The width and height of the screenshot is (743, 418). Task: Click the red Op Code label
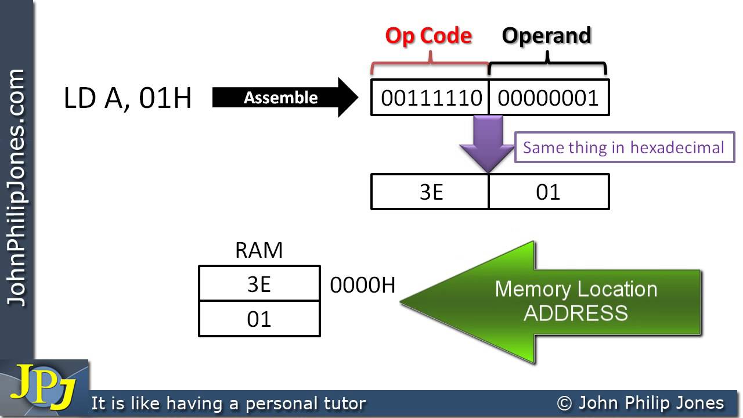428,36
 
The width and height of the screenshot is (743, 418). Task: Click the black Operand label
546,36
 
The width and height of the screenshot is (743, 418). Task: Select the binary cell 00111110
431,98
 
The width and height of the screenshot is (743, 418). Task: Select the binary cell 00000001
548,98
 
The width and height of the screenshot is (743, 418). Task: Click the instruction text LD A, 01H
128,99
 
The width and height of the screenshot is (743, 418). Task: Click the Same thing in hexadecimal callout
624,147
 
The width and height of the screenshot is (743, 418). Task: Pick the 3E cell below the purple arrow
431,192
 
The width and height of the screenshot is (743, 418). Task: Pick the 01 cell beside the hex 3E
548,192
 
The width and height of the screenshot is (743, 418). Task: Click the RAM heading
259,250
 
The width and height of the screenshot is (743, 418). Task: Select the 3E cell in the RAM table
259,284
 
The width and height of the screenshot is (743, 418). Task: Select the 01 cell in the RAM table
259,319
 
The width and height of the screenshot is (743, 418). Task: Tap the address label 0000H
362,285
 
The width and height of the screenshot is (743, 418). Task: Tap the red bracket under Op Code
430,64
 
